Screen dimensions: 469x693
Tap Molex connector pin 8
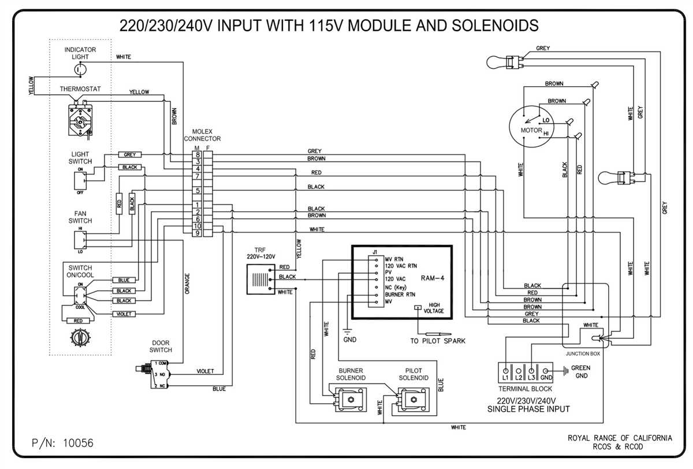click(x=198, y=154)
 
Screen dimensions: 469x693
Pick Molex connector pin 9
click(x=198, y=233)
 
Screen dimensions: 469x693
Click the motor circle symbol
click(x=530, y=127)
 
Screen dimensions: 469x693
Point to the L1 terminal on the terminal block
click(x=506, y=369)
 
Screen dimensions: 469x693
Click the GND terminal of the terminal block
click(x=546, y=369)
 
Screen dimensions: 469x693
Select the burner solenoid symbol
click(x=351, y=398)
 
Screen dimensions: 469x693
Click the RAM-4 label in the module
click(x=433, y=278)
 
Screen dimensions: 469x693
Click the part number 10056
click(x=77, y=443)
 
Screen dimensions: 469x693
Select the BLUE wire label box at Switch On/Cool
click(x=124, y=280)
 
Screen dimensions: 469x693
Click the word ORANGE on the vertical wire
click(x=187, y=283)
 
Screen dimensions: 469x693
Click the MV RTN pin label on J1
click(x=395, y=259)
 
